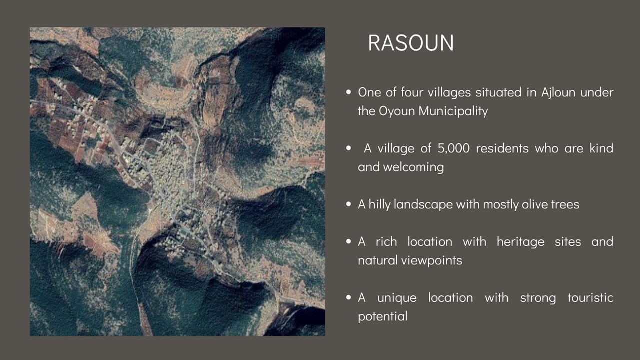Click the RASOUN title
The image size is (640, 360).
point(411,43)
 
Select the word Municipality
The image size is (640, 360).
point(453,111)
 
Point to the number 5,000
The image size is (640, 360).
point(453,148)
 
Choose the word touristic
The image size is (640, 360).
point(590,298)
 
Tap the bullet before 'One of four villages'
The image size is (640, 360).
point(348,92)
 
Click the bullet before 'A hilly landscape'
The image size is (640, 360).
point(348,204)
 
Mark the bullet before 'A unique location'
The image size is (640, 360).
point(348,297)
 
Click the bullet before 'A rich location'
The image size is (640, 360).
point(348,241)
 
